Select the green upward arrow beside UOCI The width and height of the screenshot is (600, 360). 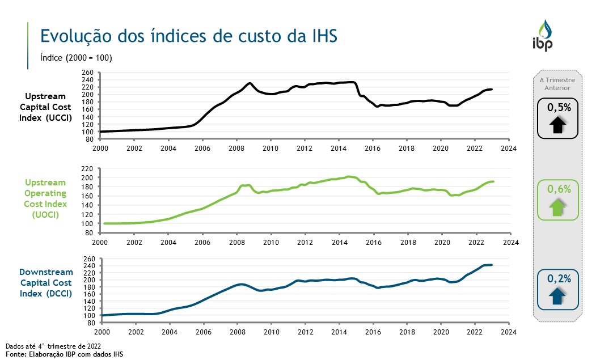click(x=557, y=207)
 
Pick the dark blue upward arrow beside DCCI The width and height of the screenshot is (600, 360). click(x=557, y=295)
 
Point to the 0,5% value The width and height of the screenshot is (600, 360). click(x=558, y=107)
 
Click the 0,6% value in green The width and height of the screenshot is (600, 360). click(x=558, y=190)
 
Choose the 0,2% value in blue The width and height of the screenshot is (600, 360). click(x=558, y=278)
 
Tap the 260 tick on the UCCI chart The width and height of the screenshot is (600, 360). click(x=87, y=73)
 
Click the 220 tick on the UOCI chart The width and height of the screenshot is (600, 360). click(x=87, y=168)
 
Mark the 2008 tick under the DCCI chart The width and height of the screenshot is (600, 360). click(x=238, y=332)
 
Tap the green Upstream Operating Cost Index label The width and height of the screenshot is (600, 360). click(x=45, y=198)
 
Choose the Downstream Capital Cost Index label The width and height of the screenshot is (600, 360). click(x=46, y=282)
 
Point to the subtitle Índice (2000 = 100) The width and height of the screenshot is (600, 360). click(x=76, y=58)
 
